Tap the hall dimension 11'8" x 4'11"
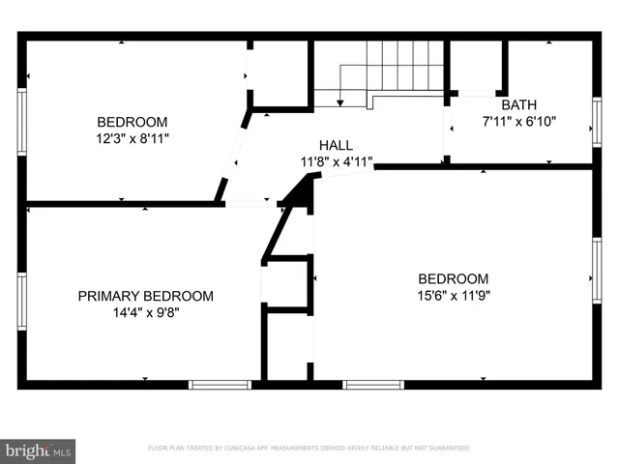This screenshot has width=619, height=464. pyautogui.click(x=336, y=162)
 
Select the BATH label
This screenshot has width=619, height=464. pyautogui.click(x=518, y=104)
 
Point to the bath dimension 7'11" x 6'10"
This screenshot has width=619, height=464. pyautogui.click(x=518, y=123)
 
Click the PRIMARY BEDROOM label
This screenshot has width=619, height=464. pyautogui.click(x=145, y=296)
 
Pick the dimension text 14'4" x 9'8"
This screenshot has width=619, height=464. pyautogui.click(x=145, y=312)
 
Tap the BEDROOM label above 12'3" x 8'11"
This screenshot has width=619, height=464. pyautogui.click(x=132, y=122)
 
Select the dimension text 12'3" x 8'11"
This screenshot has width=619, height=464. pyautogui.click(x=132, y=138)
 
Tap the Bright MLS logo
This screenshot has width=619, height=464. pyautogui.click(x=37, y=449)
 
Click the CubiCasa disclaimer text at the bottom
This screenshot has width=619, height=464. pyautogui.click(x=309, y=449)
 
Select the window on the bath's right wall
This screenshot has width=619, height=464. pyautogui.click(x=597, y=122)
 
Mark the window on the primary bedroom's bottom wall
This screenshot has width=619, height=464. pyautogui.click(x=220, y=384)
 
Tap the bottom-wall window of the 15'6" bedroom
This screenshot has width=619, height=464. pyautogui.click(x=373, y=384)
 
